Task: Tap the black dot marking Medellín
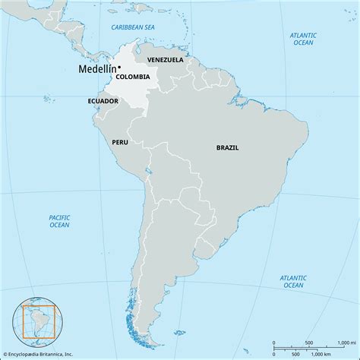click(x=119, y=67)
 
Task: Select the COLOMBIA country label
click(x=133, y=76)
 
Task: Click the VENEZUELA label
click(x=166, y=59)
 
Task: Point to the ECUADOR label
click(x=102, y=99)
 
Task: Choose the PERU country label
click(x=120, y=141)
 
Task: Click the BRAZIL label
click(x=228, y=149)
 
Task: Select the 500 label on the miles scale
click(x=308, y=343)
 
